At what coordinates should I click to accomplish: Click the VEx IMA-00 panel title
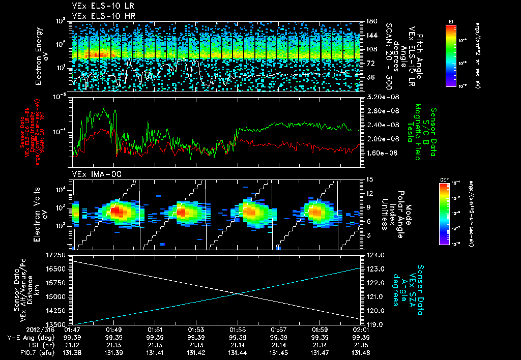(x=93, y=174)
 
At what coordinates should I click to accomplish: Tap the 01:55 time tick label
(x=238, y=329)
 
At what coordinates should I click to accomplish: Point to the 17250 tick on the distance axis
(x=55, y=254)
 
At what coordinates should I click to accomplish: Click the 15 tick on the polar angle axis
(x=369, y=179)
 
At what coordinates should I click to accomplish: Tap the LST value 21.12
(x=73, y=344)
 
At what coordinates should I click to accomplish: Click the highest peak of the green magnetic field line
(x=105, y=109)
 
